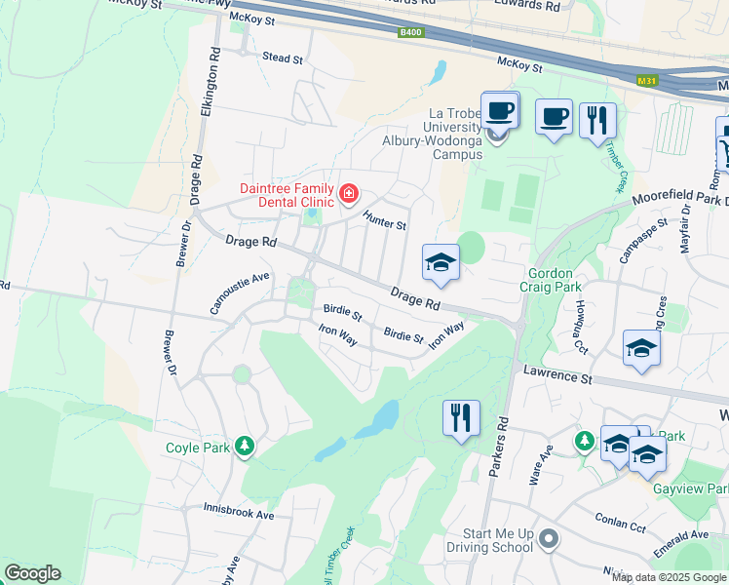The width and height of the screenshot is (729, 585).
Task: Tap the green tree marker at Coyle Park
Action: point(245,448)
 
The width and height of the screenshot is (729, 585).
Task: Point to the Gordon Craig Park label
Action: point(555,281)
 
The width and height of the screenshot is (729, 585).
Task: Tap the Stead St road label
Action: point(283,58)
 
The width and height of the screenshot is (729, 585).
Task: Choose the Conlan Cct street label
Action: point(624,523)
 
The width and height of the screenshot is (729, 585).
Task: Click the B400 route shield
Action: point(411,32)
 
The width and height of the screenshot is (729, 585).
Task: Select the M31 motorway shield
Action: point(644,81)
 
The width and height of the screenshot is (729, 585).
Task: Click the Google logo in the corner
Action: point(32,573)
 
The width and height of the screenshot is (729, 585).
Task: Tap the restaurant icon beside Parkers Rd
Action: point(461,417)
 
